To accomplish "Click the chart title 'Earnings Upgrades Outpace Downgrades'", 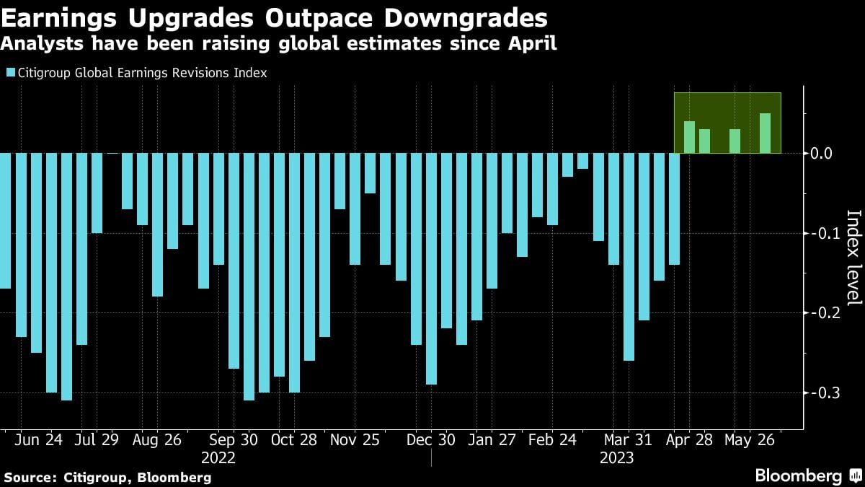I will (x=273, y=17).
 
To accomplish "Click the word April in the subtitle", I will (x=534, y=45).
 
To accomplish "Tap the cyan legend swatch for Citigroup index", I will (x=10, y=73).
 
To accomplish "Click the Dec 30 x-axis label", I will (x=431, y=439).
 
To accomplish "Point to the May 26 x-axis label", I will (x=749, y=439).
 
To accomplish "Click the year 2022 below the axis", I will (x=218, y=457).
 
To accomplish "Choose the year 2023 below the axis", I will (x=616, y=457).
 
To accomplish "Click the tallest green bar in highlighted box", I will (x=765, y=133).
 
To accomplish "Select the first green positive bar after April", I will (x=689, y=137).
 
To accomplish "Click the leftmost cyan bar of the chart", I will (x=5, y=220).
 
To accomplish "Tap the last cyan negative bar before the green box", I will (x=674, y=209).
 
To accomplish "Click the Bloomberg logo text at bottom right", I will (x=798, y=476).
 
